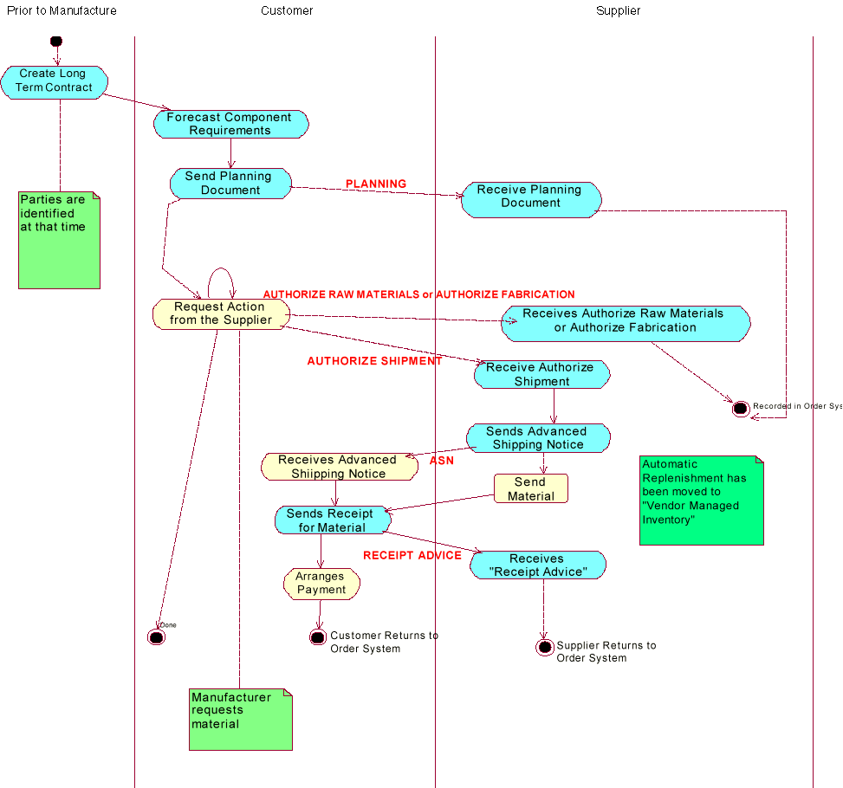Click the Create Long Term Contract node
pyautogui.click(x=54, y=81)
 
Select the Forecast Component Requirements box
pyautogui.click(x=230, y=124)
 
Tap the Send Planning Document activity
pyautogui.click(x=230, y=184)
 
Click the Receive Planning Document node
pyautogui.click(x=530, y=197)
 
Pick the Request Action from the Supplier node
pyautogui.click(x=220, y=313)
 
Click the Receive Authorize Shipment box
pyautogui.click(x=541, y=374)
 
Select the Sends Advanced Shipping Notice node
pyautogui.click(x=538, y=438)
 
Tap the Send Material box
pyautogui.click(x=530, y=489)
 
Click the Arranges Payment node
pyautogui.click(x=321, y=584)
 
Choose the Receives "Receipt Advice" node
pyautogui.click(x=537, y=565)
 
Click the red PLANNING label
pyautogui.click(x=375, y=184)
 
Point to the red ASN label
pyautogui.click(x=442, y=462)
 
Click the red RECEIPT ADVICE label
pyautogui.click(x=412, y=555)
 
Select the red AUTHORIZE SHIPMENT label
pyautogui.click(x=374, y=361)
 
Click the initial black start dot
pyautogui.click(x=56, y=41)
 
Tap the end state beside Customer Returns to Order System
pyautogui.click(x=317, y=637)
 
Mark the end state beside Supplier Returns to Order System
pyautogui.click(x=544, y=648)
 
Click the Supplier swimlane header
pyautogui.click(x=618, y=11)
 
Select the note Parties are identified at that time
pyautogui.click(x=59, y=240)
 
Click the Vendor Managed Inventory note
pyautogui.click(x=702, y=500)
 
